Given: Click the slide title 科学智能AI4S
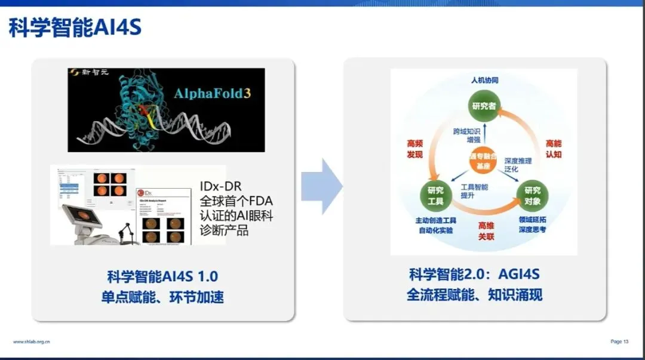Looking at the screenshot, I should (75, 28).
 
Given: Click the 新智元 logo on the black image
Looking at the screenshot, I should (90, 74).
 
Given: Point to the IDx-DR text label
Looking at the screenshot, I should (221, 186).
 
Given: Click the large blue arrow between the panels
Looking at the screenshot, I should (321, 186).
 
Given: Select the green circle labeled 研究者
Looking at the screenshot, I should (484, 106).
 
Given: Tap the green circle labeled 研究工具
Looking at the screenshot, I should (435, 195).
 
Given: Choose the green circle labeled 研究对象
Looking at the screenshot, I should (532, 195).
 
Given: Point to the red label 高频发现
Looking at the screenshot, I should (414, 149).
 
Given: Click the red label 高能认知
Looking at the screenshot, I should (554, 149).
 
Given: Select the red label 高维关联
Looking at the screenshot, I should (486, 230).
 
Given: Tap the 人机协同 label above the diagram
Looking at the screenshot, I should (484, 80).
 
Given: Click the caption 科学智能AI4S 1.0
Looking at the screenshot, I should (162, 276).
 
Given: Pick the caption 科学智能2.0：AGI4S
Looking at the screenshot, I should (474, 275).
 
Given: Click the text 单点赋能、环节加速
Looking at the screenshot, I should (162, 296).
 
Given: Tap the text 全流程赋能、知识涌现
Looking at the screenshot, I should (474, 294).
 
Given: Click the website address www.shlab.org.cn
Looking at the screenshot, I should (32, 341).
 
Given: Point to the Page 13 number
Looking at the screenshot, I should (619, 341).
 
